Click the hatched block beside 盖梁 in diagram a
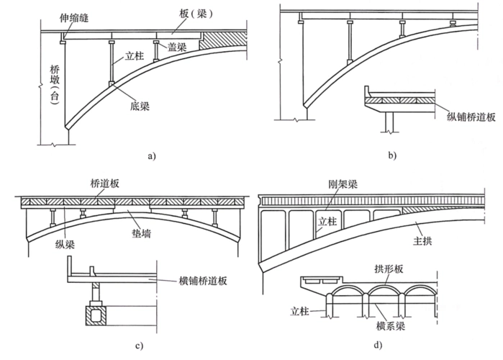pyautogui.click(x=215, y=40)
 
